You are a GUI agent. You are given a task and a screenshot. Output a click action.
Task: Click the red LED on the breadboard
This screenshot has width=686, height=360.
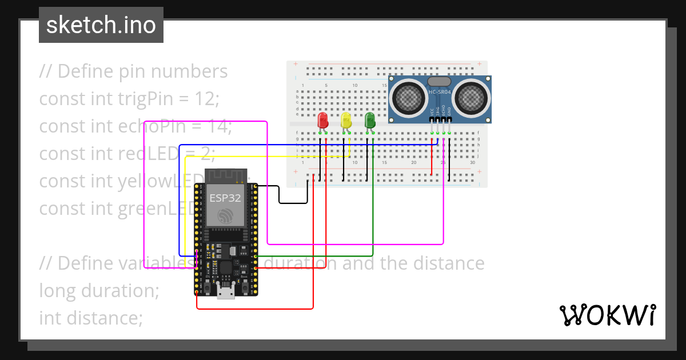322,121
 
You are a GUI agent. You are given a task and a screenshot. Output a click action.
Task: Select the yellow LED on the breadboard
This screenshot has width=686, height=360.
346,121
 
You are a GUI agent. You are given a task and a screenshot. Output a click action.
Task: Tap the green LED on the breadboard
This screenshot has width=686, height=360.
370,120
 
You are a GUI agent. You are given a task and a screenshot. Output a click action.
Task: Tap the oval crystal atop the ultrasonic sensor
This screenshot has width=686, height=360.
440,82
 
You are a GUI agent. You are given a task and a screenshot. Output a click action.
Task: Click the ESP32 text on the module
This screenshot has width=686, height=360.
225,198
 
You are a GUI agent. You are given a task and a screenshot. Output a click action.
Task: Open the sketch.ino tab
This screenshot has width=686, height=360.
101,25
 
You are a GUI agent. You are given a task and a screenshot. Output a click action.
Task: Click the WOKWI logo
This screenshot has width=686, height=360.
607,315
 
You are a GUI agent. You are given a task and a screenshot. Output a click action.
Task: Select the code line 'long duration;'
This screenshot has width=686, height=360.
99,290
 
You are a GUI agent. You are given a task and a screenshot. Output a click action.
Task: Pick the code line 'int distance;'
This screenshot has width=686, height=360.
91,317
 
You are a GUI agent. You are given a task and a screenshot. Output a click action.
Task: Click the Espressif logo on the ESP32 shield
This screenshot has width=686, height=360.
226,216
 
